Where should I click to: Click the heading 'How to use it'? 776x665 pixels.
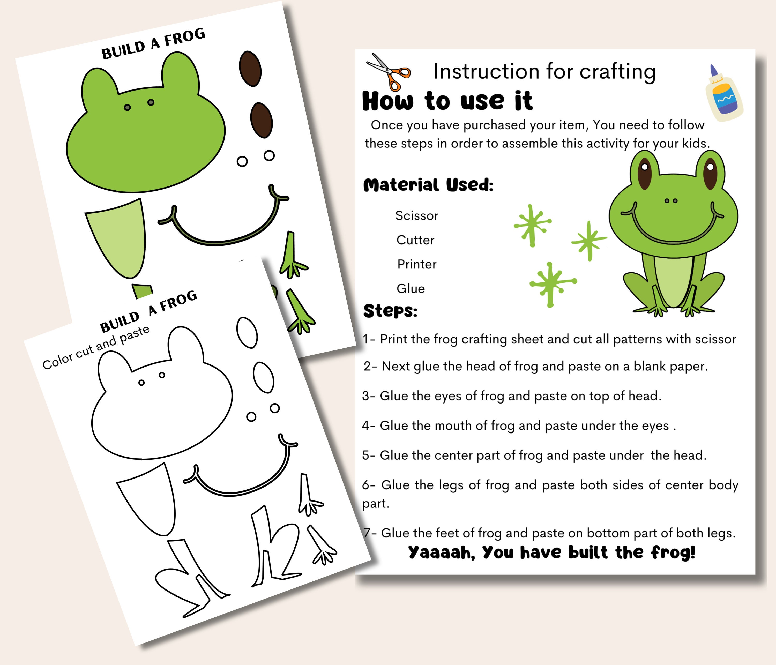click(x=447, y=101)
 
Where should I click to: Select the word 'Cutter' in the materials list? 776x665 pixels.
click(x=415, y=240)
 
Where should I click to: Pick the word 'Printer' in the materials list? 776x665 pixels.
click(x=417, y=264)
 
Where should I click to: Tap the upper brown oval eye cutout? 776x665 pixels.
click(x=250, y=69)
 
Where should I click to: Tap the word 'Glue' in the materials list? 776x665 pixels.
click(x=411, y=289)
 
